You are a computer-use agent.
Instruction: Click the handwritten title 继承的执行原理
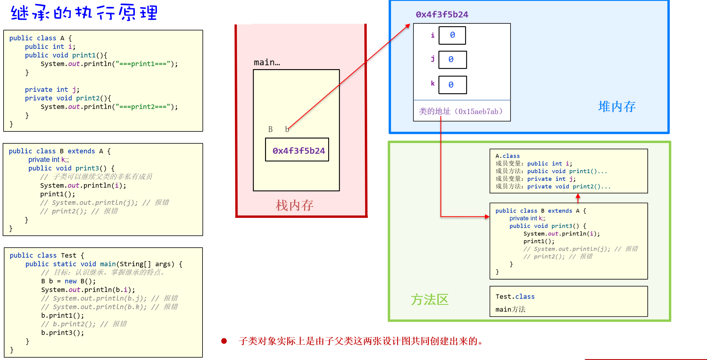tap(84, 13)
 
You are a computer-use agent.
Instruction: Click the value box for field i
tap(452, 35)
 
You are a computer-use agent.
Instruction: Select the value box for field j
tap(452, 60)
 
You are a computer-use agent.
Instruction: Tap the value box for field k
tap(452, 85)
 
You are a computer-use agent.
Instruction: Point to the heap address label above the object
tap(442, 14)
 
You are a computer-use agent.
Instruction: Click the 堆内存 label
tap(617, 107)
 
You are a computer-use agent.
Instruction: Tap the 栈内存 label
tap(294, 205)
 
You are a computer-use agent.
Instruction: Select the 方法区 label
tap(429, 300)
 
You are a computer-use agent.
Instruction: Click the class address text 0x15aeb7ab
tap(479, 111)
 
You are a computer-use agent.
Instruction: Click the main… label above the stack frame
tap(267, 62)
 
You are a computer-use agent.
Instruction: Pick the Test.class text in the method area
tap(515, 297)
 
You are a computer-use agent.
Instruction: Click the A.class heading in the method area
tap(507, 156)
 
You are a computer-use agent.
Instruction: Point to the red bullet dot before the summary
tap(224, 341)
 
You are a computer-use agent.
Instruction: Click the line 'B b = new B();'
tap(68, 281)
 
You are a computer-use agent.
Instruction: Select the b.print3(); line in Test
tap(63, 333)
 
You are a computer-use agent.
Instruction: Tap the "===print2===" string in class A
tap(143, 107)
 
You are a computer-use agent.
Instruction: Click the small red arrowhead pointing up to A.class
tap(578, 196)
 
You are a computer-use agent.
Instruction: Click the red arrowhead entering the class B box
tap(487, 217)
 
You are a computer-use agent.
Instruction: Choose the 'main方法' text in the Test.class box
tap(510, 309)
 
